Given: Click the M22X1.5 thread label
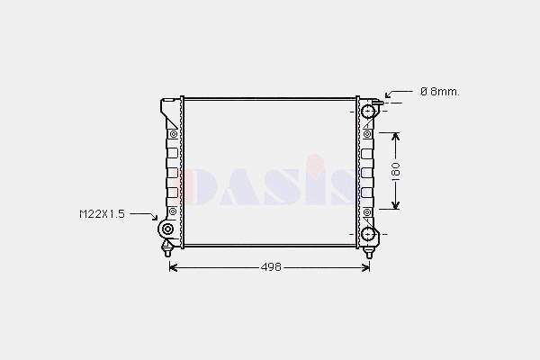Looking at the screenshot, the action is [102, 214].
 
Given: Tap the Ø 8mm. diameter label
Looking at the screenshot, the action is [440, 92].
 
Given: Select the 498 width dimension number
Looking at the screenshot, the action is [271, 267].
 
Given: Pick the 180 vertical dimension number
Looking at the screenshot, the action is [396, 169].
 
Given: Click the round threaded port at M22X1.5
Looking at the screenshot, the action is [167, 229].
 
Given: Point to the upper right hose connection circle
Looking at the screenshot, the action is [368, 111].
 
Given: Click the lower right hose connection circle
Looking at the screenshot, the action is [368, 234].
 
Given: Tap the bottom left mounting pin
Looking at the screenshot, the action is [167, 249].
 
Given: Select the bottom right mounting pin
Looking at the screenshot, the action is [369, 252].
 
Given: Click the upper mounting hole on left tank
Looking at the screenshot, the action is [173, 134].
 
